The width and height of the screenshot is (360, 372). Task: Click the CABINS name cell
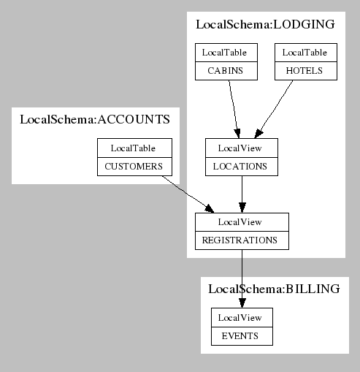(x=226, y=71)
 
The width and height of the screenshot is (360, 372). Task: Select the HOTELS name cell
(x=306, y=71)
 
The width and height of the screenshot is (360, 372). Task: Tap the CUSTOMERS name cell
(x=134, y=167)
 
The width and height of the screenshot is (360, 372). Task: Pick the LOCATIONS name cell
(x=242, y=167)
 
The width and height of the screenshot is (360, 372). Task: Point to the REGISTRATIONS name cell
(x=242, y=240)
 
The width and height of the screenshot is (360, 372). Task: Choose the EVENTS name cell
(x=242, y=336)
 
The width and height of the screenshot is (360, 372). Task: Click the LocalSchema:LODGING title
(x=265, y=24)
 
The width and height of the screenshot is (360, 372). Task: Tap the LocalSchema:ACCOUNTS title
(x=95, y=119)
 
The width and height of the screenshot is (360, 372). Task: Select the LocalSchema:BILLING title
(x=274, y=289)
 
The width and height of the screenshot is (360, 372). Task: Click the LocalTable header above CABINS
(x=226, y=53)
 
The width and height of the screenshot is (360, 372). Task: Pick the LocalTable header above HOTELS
(x=306, y=53)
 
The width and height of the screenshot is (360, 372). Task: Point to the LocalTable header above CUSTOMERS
(x=134, y=148)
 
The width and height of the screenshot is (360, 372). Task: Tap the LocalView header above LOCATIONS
(x=242, y=148)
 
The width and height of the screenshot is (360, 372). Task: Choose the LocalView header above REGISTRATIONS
(x=242, y=222)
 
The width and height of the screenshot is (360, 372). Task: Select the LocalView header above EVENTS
(x=242, y=318)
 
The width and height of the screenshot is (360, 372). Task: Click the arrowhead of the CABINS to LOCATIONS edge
(x=237, y=134)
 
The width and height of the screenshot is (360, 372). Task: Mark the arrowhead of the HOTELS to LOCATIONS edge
(x=258, y=134)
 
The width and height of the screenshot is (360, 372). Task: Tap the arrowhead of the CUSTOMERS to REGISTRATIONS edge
(x=210, y=209)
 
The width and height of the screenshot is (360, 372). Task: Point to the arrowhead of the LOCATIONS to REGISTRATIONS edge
(x=242, y=208)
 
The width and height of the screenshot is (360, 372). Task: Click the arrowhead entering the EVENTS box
(x=242, y=303)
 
